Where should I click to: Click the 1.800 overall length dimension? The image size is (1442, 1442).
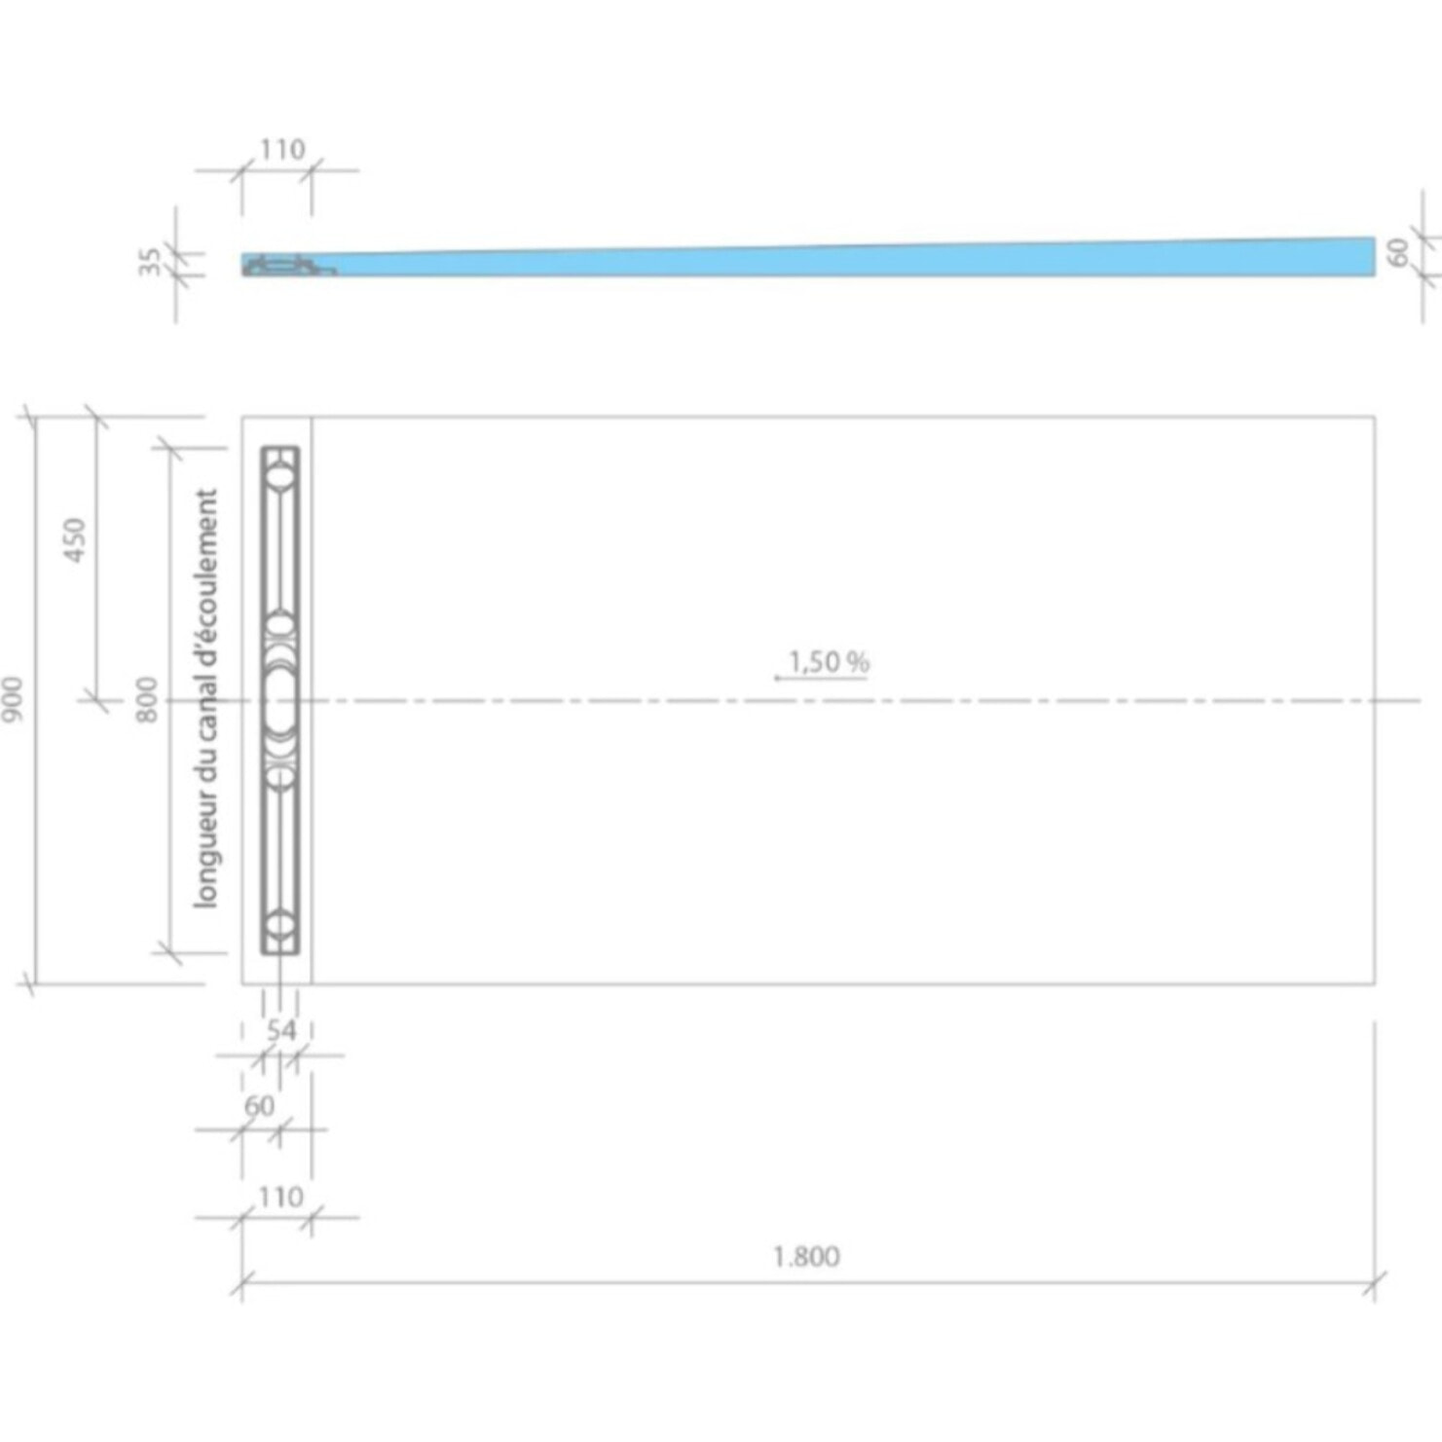click(x=806, y=1256)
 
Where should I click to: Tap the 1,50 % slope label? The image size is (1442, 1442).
click(x=828, y=662)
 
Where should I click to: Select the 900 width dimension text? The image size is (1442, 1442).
click(x=13, y=698)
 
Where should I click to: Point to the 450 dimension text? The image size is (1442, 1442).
click(x=75, y=539)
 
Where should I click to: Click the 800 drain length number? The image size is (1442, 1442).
click(x=146, y=698)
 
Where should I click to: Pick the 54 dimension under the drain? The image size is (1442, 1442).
click(x=281, y=1029)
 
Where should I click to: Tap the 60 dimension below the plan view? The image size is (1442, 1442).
click(x=259, y=1106)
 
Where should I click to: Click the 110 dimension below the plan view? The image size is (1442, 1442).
click(x=280, y=1196)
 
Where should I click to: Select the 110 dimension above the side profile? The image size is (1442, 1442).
click(x=281, y=150)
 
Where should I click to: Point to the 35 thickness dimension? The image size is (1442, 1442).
click(x=149, y=262)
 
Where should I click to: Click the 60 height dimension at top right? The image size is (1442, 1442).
click(x=1398, y=252)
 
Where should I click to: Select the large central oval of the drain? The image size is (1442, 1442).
click(x=280, y=700)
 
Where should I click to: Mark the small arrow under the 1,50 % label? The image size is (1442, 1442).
click(x=779, y=678)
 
